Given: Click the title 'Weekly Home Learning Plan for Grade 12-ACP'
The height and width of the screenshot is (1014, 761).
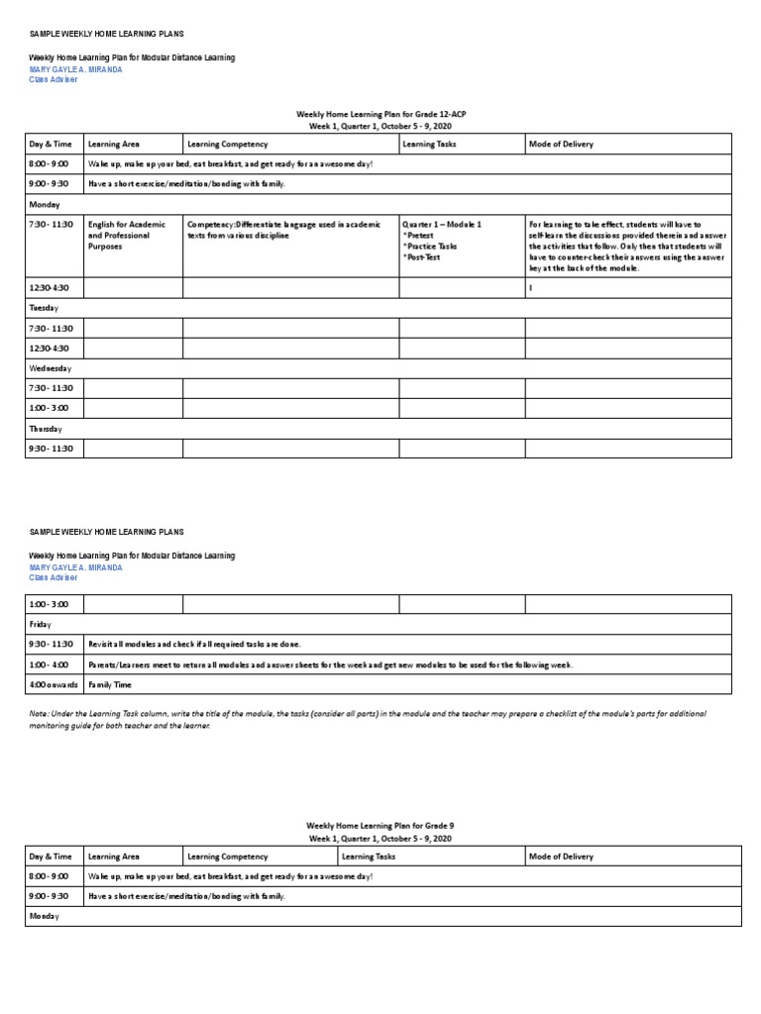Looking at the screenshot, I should (x=380, y=115).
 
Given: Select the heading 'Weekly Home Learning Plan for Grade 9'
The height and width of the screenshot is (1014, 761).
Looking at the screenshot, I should (x=380, y=825).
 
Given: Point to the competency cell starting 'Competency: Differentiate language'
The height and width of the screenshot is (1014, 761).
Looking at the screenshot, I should (x=283, y=230).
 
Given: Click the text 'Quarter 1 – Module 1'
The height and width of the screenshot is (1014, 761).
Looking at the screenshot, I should (x=442, y=225).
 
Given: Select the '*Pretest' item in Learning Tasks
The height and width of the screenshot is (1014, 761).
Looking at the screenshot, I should (x=421, y=236).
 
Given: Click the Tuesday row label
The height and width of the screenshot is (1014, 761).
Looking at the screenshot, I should (x=45, y=308).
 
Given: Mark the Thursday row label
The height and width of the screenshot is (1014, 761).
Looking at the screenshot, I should (x=47, y=429).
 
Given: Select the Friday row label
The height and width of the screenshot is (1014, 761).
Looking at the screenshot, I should (x=42, y=625).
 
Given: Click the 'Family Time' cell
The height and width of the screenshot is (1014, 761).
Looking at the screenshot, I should (x=110, y=684).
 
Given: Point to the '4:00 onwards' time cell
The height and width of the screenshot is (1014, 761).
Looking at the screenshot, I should (x=54, y=684).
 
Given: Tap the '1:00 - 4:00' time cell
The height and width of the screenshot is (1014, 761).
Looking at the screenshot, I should (x=49, y=664).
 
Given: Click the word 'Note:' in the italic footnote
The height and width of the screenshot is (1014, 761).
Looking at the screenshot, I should (x=41, y=713).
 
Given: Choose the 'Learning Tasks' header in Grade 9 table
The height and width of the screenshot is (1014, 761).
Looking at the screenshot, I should (x=369, y=857).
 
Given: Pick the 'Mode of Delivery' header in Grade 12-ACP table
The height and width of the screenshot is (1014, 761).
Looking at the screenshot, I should (x=562, y=145).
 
